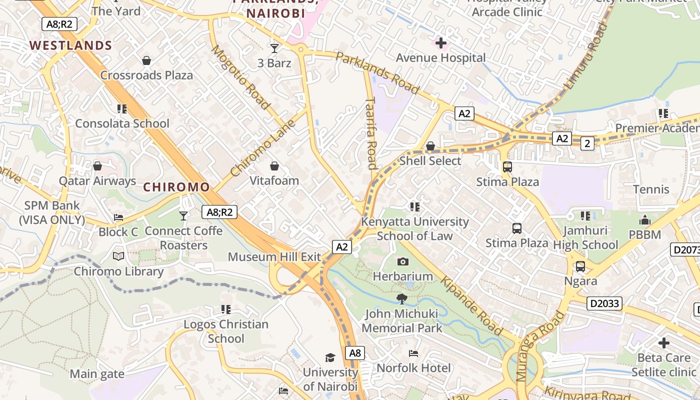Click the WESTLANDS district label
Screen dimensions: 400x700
point(70,45)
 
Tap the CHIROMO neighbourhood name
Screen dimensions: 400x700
point(176,187)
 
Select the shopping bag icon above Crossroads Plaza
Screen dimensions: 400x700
point(146,60)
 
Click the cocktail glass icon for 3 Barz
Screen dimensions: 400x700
point(274,48)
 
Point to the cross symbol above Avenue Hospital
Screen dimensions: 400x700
point(441,43)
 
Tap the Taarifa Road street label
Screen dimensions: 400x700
point(371,133)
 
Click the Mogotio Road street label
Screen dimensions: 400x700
point(241,77)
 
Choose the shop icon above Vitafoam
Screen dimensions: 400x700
point(274,165)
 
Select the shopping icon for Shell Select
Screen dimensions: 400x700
point(430,146)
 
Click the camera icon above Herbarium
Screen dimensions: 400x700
point(403,261)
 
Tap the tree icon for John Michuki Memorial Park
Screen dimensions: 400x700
point(401,299)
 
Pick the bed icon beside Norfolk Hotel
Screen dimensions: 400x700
point(413,353)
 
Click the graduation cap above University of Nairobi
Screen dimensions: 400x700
point(330,357)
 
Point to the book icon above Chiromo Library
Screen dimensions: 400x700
point(118,256)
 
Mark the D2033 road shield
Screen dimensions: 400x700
point(604,303)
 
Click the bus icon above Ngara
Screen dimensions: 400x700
point(580,266)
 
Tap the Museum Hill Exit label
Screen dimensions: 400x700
point(274,257)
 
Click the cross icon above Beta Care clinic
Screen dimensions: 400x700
point(663,343)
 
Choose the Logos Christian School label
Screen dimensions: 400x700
point(226,331)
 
